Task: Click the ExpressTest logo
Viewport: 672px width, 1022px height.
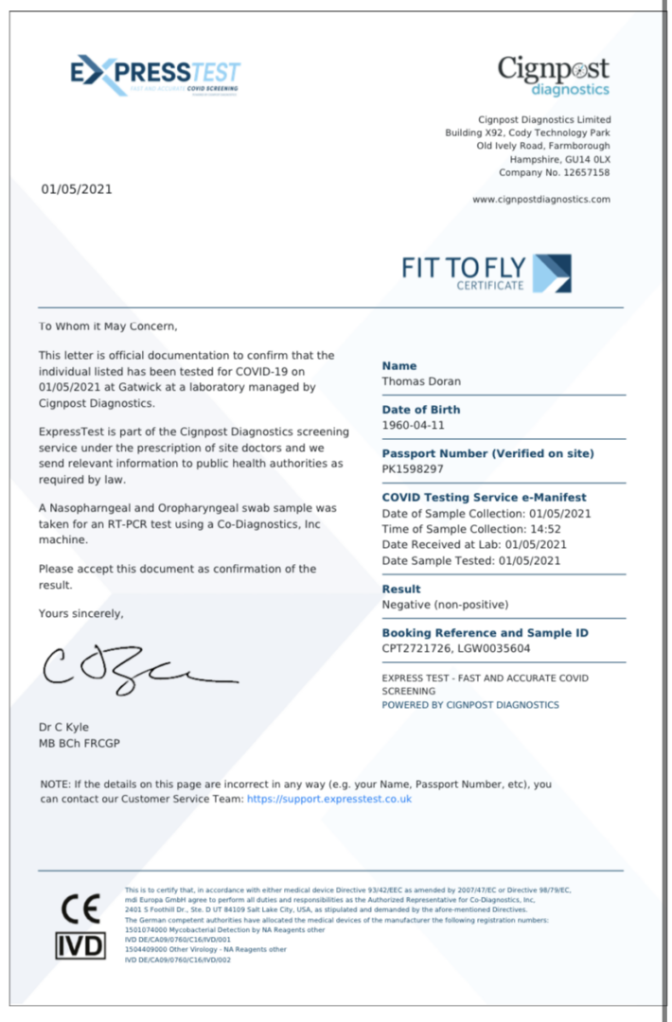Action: pyautogui.click(x=155, y=75)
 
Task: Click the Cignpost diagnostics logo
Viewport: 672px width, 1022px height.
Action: pyautogui.click(x=554, y=75)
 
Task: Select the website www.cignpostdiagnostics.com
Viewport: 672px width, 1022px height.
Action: pyautogui.click(x=541, y=200)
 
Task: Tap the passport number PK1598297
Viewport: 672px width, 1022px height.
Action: pyautogui.click(x=414, y=468)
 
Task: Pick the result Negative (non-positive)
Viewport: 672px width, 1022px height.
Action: pyautogui.click(x=445, y=604)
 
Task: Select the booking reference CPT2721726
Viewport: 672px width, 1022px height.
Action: pyautogui.click(x=414, y=648)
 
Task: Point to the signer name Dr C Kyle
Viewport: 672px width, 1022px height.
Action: pyautogui.click(x=63, y=727)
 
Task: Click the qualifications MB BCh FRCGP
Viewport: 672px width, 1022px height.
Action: pyautogui.click(x=80, y=743)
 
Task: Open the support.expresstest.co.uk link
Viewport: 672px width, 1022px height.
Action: pyautogui.click(x=329, y=799)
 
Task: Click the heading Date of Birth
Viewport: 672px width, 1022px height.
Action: pyautogui.click(x=421, y=410)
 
